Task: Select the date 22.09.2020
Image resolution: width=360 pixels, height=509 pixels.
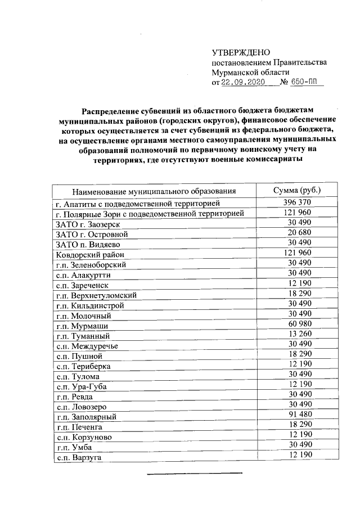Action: tap(242, 82)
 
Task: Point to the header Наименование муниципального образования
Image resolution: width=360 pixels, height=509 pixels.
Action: tap(153, 191)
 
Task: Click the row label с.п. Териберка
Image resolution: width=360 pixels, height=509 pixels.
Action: tap(83, 366)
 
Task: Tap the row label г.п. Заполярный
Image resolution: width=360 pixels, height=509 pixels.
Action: tap(86, 417)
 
